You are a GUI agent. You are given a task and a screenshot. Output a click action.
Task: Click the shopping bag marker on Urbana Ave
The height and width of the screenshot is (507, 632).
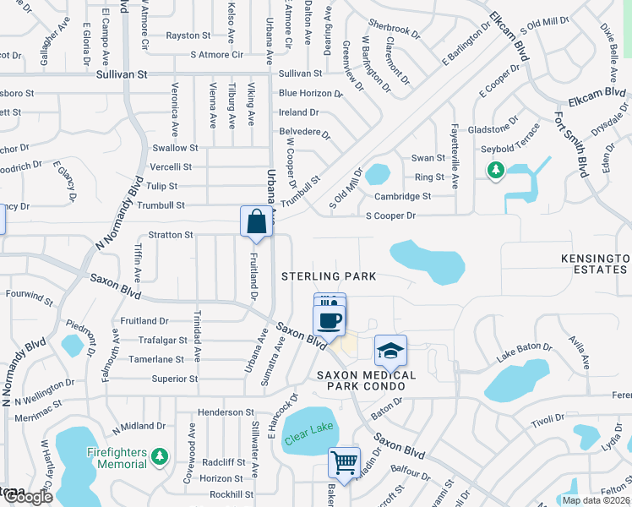click(255, 222)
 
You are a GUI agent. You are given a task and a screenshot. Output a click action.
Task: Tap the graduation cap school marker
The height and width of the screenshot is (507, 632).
click(390, 351)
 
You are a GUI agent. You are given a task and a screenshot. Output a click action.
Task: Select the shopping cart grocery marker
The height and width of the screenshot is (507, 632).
click(344, 463)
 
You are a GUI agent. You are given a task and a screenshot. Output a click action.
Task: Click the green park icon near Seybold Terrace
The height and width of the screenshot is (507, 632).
click(497, 172)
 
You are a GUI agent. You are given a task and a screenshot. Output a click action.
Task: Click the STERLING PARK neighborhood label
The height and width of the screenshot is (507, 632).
click(329, 276)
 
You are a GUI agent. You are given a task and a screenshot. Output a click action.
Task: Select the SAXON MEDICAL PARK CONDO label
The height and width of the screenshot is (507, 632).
click(366, 380)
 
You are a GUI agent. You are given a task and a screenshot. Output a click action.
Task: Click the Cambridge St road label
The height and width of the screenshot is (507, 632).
click(403, 196)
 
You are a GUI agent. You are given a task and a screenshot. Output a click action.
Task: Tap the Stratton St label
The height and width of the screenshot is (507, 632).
click(171, 234)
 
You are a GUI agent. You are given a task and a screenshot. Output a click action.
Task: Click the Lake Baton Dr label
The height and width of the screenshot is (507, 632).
click(523, 353)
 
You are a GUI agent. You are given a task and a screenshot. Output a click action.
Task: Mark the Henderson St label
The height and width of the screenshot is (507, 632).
click(226, 412)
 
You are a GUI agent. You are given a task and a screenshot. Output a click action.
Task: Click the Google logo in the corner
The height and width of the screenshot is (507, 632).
click(27, 497)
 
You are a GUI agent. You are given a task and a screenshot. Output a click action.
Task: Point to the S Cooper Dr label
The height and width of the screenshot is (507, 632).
click(390, 215)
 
